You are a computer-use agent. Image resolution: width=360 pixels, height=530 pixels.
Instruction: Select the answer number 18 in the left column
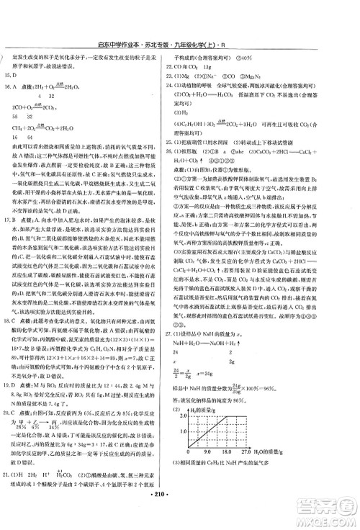click(x=9, y=261)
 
